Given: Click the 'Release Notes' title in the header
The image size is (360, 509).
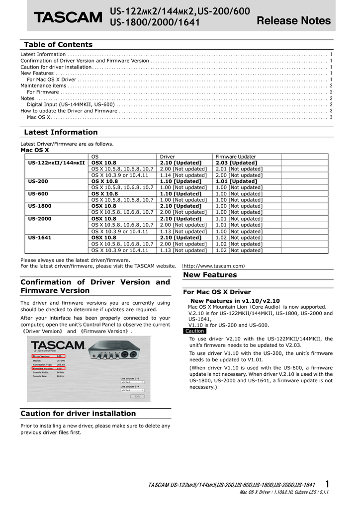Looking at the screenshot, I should point(293,20).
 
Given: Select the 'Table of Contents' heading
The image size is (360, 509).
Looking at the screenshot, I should point(58,45).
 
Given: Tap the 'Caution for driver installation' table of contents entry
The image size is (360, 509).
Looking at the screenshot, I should point(56,67).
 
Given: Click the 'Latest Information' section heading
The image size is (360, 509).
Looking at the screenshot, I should point(61,132).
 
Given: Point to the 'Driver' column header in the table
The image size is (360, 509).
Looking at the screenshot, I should point(167,157).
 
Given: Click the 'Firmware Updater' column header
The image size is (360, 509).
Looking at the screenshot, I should point(235,157).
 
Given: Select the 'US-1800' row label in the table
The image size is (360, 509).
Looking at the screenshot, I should point(40,206).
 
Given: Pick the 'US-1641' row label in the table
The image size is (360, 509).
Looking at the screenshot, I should point(40,238).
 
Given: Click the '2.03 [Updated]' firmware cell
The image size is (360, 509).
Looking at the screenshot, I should point(236,163).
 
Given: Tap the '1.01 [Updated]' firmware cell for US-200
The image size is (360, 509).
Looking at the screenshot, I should point(236,181).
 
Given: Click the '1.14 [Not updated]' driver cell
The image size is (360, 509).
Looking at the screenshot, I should point(183,175).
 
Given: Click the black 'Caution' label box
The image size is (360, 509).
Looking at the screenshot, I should point(194,331).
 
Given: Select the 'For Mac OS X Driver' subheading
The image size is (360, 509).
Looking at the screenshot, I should point(217,292).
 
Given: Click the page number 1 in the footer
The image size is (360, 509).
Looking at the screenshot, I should point(327,484).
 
